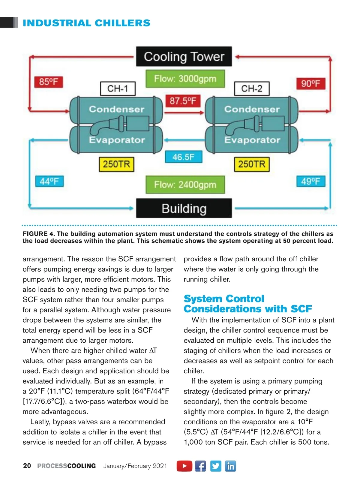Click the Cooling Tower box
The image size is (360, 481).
click(x=184, y=56)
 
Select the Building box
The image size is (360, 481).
click(x=184, y=208)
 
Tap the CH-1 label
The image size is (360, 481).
click(x=118, y=89)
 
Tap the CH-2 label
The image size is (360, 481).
click(x=251, y=89)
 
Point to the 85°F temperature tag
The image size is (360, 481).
click(x=49, y=82)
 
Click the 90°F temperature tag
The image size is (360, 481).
click(x=311, y=83)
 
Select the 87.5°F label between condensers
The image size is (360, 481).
click(x=183, y=101)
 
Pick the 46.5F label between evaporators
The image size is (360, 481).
click(x=183, y=157)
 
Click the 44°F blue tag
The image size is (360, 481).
click(x=49, y=181)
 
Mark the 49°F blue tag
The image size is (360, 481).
click(x=311, y=181)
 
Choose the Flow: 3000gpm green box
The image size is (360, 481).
click(x=185, y=79)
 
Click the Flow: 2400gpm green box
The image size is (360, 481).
click(x=185, y=185)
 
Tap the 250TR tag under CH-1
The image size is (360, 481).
click(x=116, y=164)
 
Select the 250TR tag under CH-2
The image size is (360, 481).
click(x=252, y=164)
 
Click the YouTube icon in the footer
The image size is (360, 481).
click(x=184, y=466)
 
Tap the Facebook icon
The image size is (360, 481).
click(x=200, y=466)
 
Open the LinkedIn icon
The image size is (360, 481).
click(x=230, y=466)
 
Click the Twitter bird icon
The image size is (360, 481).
click(x=215, y=466)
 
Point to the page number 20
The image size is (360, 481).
click(x=27, y=466)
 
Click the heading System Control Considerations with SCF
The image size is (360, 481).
click(x=247, y=304)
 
